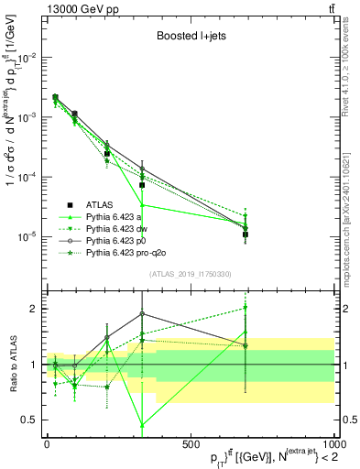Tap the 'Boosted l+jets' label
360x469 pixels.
point(191,39)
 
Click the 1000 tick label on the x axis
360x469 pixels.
point(333,443)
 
